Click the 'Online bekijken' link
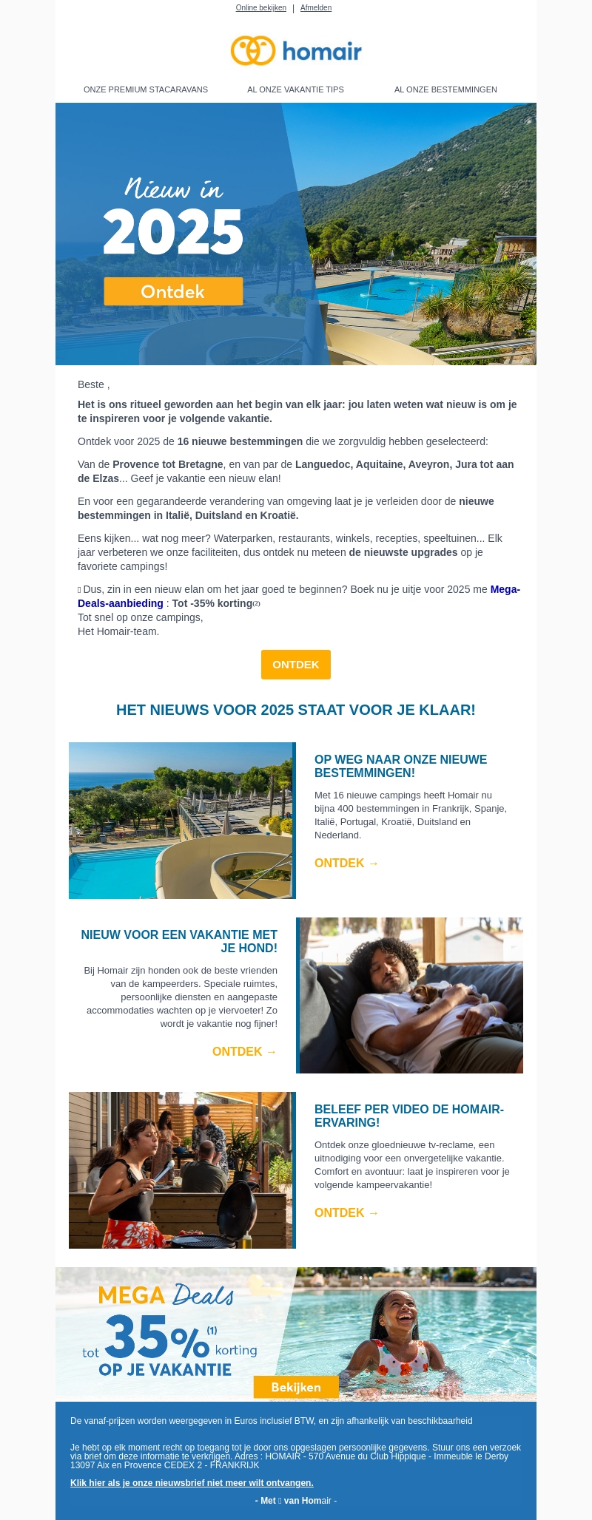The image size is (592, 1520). [x=260, y=8]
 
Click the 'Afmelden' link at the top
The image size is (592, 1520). [x=316, y=8]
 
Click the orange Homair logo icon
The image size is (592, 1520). [x=252, y=51]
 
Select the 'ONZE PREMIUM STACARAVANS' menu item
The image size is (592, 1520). [x=146, y=89]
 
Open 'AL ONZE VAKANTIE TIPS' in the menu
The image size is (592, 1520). [x=295, y=89]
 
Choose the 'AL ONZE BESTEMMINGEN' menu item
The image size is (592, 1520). [x=445, y=89]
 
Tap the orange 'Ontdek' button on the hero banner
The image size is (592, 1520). [x=173, y=291]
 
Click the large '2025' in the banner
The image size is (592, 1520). [x=173, y=232]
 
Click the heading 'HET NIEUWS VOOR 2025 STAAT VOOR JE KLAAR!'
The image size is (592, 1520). [x=296, y=710]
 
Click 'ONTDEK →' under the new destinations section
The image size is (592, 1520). [x=346, y=863]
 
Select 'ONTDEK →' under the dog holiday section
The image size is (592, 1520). [x=244, y=1051]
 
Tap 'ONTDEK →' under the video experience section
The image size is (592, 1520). [x=346, y=1212]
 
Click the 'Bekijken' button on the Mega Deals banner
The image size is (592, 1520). [x=296, y=1387]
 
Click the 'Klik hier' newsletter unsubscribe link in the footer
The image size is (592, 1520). [x=192, y=1482]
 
